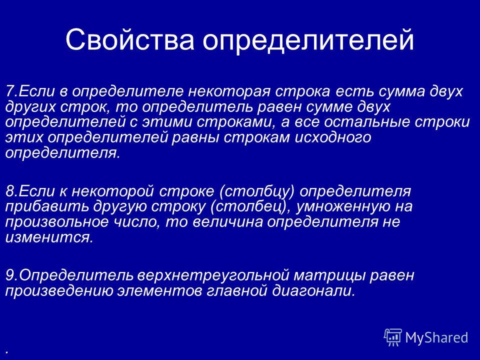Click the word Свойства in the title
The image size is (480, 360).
[x=130, y=39]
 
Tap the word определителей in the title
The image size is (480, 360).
[x=308, y=40]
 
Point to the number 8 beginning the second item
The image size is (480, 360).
[x=10, y=191]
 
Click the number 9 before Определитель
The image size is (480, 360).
[x=10, y=275]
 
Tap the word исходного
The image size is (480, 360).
[x=333, y=138]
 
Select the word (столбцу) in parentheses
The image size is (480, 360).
[x=257, y=192]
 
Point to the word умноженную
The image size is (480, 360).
[x=342, y=207]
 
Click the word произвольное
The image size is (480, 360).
[x=56, y=222]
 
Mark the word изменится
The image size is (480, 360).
[x=49, y=237]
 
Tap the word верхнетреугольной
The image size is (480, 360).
[x=213, y=276]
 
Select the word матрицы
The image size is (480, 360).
[x=329, y=276]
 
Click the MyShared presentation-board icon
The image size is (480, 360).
[x=393, y=337]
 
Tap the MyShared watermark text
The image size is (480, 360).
[x=437, y=337]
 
